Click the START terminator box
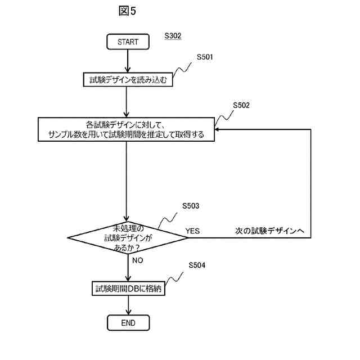coord(128,42)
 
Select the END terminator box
coord(128,323)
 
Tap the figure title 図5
coord(128,11)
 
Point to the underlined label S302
coord(173,36)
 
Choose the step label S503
coord(191,206)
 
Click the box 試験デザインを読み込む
coord(128,80)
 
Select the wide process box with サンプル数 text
coord(127,129)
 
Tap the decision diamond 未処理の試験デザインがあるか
coord(128,237)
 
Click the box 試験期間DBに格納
coord(128,289)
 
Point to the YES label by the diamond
coord(192,231)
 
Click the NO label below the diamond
coord(137,260)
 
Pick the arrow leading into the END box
coord(128,306)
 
